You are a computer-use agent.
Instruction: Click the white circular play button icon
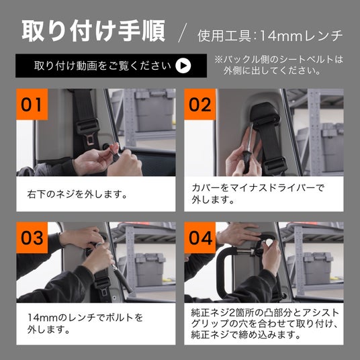coord(183,66)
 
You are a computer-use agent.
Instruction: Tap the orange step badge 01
coord(32,105)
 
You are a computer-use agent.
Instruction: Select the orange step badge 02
coord(199,105)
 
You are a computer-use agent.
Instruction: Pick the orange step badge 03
coord(32,238)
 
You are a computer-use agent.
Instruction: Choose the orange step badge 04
coord(199,238)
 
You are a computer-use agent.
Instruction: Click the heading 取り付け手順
coord(93,31)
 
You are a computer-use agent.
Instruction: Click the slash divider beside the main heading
coord(182,32)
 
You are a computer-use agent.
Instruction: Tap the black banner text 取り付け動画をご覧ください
coord(103,66)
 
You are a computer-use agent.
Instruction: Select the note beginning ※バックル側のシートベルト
coord(279,65)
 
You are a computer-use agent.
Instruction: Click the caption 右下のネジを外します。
coord(77,195)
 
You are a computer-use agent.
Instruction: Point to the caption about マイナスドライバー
coord(258,194)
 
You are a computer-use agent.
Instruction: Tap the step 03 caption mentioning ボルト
coord(85,323)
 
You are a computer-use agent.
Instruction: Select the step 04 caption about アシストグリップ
coord(265,324)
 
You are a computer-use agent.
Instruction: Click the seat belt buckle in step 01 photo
coord(89,132)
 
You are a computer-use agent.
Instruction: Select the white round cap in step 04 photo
coord(269,242)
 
